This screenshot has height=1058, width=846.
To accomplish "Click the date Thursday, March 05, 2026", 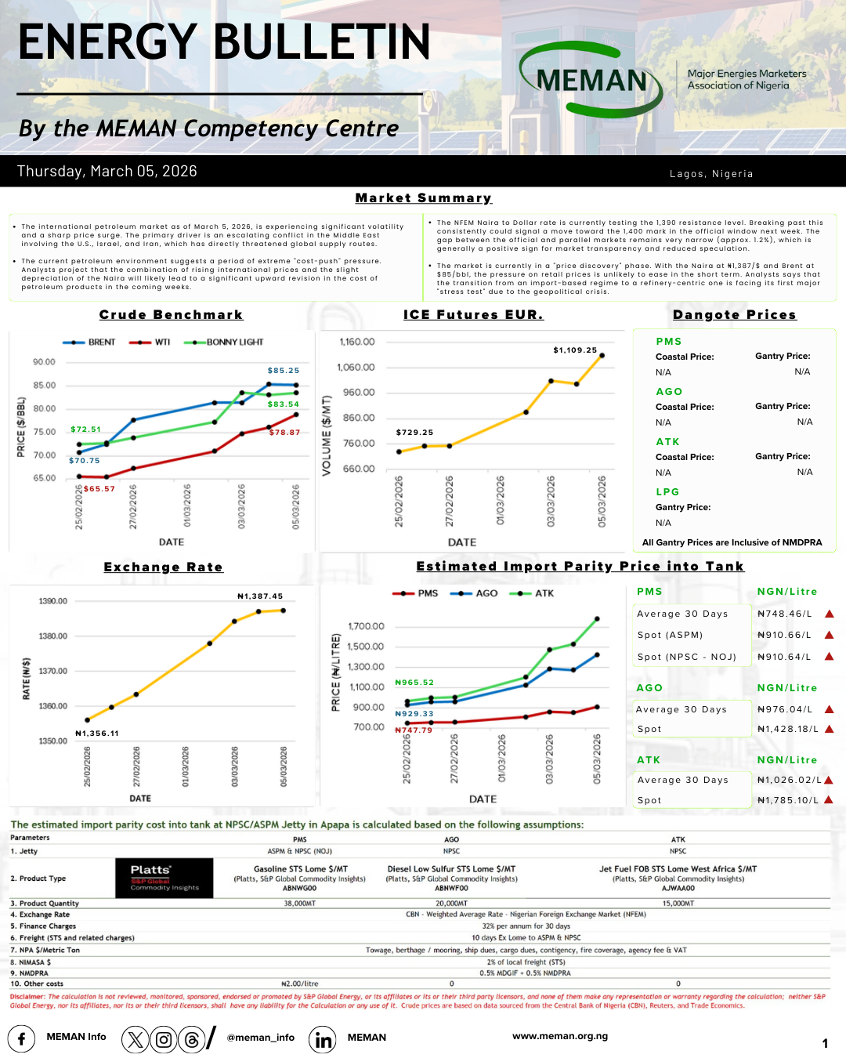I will pyautogui.click(x=107, y=171).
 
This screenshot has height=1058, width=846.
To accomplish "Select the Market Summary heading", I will pyautogui.click(x=423, y=198).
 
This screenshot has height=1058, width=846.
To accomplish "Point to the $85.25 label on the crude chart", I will pyautogui.click(x=283, y=371).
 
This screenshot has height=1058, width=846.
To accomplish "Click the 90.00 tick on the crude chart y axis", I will pyautogui.click(x=44, y=362).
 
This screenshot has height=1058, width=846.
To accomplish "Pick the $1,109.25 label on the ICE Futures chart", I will pyautogui.click(x=575, y=350).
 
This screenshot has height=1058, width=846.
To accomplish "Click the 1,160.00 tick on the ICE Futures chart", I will pyautogui.click(x=357, y=342).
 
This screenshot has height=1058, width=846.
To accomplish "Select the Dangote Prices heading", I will pyautogui.click(x=734, y=315).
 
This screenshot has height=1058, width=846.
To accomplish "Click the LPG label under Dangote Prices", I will pyautogui.click(x=667, y=492).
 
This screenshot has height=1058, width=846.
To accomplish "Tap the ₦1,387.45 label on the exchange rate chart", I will pyautogui.click(x=260, y=596).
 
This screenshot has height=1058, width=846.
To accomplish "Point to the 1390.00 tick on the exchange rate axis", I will pyautogui.click(x=53, y=601).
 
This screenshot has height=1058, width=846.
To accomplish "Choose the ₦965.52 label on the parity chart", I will pyautogui.click(x=414, y=683).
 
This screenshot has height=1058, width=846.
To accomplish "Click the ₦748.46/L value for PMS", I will pyautogui.click(x=784, y=614).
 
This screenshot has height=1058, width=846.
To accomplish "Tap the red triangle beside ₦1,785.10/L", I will pyautogui.click(x=829, y=800).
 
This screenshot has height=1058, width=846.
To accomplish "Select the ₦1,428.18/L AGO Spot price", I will pyautogui.click(x=787, y=729).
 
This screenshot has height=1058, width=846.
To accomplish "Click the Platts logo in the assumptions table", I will pyautogui.click(x=164, y=878).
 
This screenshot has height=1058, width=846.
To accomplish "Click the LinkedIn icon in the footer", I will pyautogui.click(x=323, y=1039).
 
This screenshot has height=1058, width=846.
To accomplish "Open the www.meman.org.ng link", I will pyautogui.click(x=560, y=1036).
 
